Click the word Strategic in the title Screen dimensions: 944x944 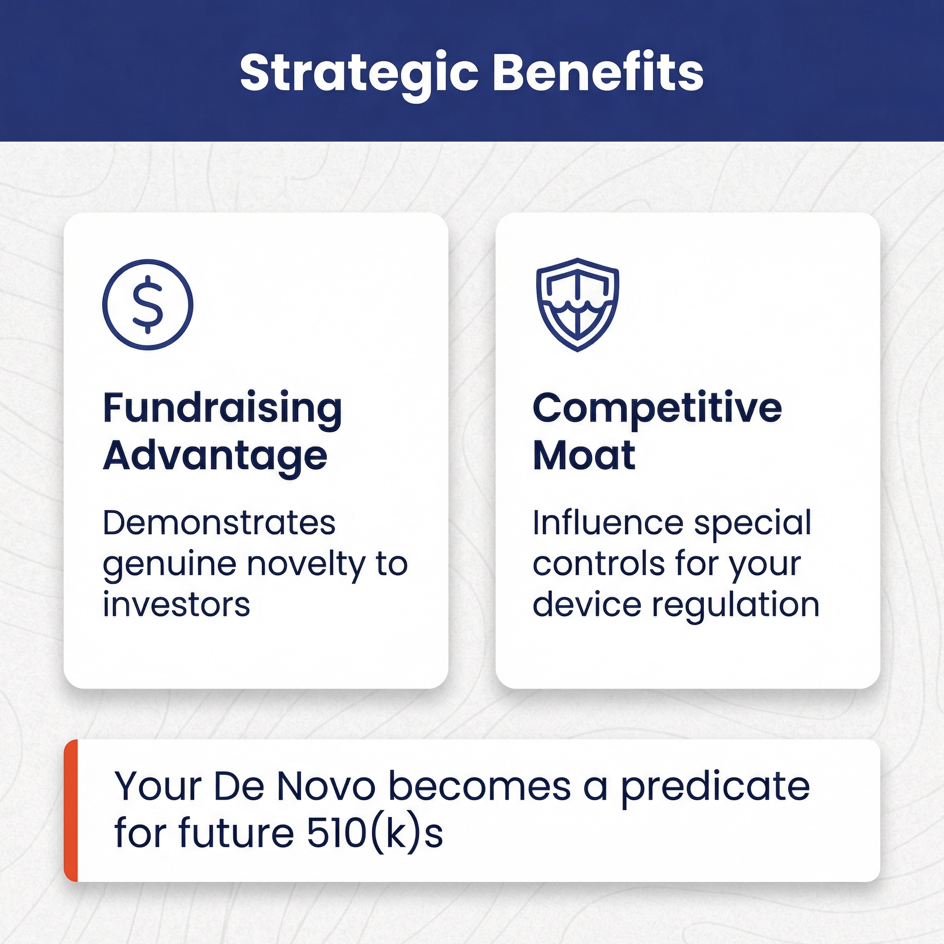359,74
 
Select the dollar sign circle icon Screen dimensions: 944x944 147,304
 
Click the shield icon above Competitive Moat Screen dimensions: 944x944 578,304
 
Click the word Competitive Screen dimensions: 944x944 657,409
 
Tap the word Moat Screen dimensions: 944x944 584,455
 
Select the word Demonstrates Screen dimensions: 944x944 219,523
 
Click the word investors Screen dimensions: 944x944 177,605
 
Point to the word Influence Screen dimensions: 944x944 608,523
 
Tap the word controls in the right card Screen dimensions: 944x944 599,564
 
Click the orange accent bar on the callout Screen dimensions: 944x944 71,811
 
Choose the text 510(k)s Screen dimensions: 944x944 375,833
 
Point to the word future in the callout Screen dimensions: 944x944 236,832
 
